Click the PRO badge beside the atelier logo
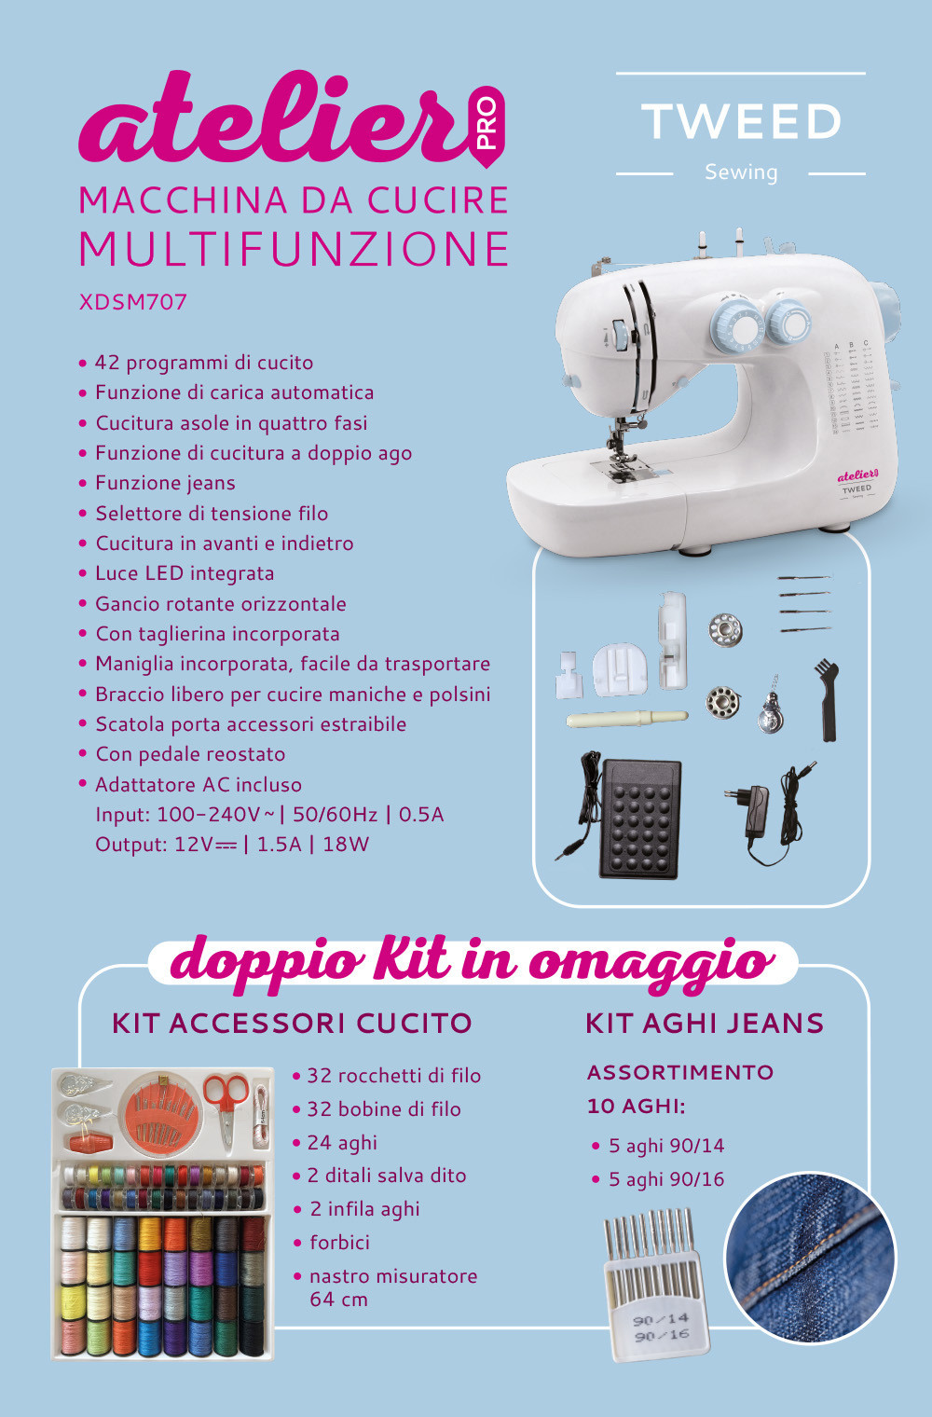tap(488, 126)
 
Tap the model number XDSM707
tap(132, 302)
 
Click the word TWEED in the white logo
tap(741, 121)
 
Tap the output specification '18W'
tap(346, 845)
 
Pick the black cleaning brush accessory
tap(827, 699)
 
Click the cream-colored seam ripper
tap(626, 719)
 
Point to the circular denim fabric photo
tap(810, 1258)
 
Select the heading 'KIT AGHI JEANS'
tap(705, 1024)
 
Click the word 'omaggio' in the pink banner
tap(651, 964)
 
